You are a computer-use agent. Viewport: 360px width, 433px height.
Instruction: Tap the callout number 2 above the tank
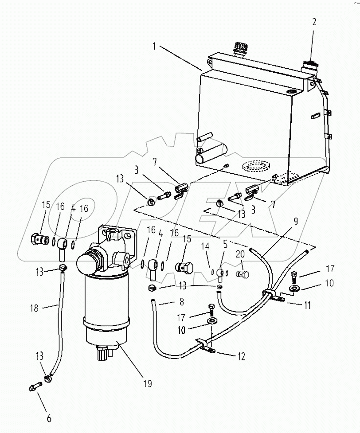(314, 22)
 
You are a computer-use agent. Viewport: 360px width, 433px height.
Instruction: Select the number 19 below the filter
(148, 383)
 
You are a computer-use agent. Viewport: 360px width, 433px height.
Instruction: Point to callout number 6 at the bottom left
(49, 417)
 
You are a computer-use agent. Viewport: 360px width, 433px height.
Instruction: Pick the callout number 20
(240, 254)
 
